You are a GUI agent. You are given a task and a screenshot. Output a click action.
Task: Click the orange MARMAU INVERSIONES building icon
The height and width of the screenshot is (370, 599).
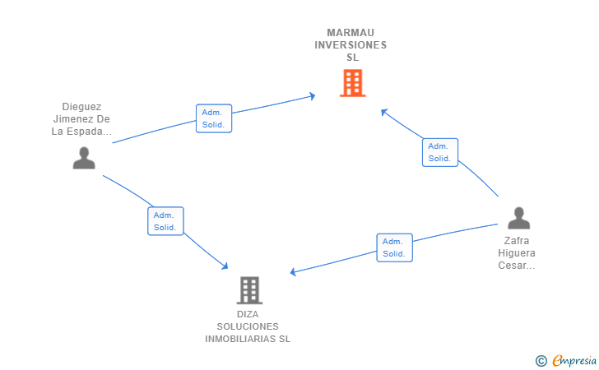coord(352,83)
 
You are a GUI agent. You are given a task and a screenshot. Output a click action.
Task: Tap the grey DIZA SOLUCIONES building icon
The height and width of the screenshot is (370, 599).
coord(249,290)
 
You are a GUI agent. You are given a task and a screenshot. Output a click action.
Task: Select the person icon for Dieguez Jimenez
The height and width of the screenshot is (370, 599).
coord(84,157)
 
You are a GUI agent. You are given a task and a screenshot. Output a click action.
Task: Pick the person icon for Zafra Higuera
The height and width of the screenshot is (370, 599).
coord(518,218)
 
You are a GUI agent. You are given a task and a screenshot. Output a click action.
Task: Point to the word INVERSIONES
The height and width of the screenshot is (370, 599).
coord(351,45)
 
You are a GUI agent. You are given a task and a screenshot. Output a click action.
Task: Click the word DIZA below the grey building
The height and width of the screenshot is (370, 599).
coord(248,314)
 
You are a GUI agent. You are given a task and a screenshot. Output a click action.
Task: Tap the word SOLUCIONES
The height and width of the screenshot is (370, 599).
coord(248,326)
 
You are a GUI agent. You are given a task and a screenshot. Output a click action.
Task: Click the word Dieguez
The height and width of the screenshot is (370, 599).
coord(81,107)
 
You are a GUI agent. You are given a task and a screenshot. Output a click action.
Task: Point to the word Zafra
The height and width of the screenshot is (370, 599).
coord(517,241)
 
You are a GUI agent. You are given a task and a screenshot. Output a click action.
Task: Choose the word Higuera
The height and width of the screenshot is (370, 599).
coord(517,253)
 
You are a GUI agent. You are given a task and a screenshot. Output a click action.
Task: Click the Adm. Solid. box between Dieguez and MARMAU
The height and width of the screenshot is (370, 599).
coord(214,118)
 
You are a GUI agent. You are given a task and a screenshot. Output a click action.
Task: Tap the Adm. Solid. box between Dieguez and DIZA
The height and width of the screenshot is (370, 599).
coord(165,220)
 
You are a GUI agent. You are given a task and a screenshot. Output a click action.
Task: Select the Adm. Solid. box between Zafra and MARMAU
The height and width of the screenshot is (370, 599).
coord(439,152)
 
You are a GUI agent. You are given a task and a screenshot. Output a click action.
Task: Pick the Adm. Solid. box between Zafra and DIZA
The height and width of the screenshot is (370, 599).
coord(394,247)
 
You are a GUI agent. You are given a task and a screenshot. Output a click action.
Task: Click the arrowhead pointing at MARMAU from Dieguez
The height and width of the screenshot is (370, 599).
coord(312,96)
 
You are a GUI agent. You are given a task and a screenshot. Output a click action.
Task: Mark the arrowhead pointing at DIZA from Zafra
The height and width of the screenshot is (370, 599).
coord(294,272)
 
